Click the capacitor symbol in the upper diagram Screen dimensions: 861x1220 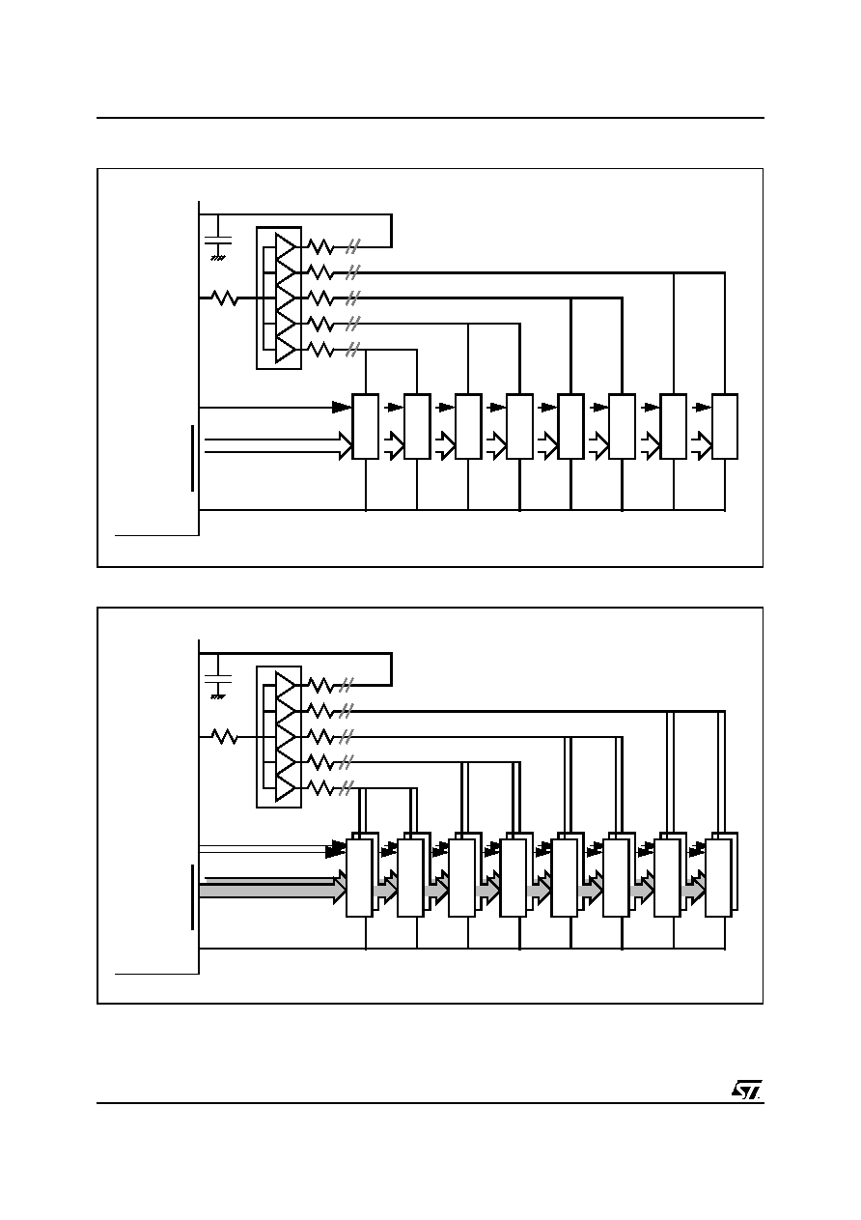click(x=218, y=241)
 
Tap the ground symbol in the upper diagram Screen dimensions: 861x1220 click(x=218, y=257)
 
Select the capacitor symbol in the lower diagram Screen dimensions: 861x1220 click(x=218, y=679)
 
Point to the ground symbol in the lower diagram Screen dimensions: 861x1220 click(x=218, y=696)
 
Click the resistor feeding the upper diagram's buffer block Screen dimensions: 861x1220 click(x=224, y=298)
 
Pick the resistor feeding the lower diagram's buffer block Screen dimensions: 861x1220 click(x=224, y=737)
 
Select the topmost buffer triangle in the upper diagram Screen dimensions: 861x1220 click(x=285, y=246)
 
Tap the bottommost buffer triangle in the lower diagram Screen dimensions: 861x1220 click(x=285, y=788)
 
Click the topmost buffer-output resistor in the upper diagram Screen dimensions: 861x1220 click(x=320, y=246)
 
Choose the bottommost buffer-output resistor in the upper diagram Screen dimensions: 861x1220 click(x=320, y=349)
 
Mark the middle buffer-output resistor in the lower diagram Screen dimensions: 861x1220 click(x=320, y=737)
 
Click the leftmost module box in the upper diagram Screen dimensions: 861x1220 click(x=365, y=426)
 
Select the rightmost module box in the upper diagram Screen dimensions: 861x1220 click(x=724, y=426)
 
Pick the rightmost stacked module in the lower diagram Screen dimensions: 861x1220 click(x=721, y=874)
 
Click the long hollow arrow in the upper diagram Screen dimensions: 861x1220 click(x=278, y=445)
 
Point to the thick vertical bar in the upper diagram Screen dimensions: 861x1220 click(x=193, y=458)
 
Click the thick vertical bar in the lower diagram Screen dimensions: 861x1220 click(x=193, y=897)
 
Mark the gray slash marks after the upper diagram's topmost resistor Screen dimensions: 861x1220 click(x=353, y=246)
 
